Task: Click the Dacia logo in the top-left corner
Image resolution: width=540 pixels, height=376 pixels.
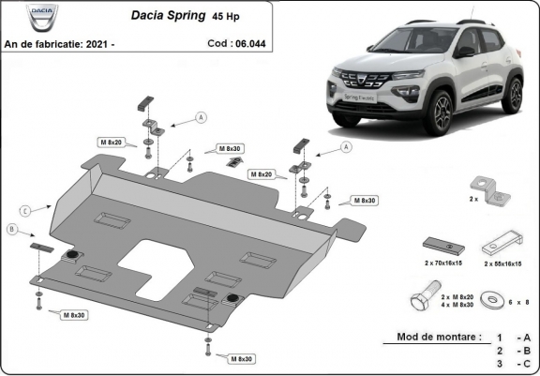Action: point(42,16)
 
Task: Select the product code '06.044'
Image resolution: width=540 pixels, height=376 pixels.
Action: point(251,43)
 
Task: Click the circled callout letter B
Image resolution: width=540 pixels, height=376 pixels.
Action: point(12,230)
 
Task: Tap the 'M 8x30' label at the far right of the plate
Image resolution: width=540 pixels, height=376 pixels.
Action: point(365,200)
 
